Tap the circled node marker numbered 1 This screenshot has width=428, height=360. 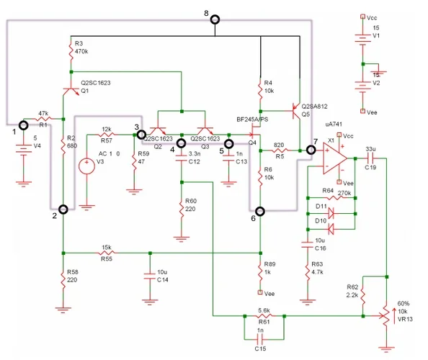coord(24,125)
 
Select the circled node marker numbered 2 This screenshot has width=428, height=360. coord(63,210)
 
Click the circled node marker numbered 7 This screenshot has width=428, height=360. coord(311,150)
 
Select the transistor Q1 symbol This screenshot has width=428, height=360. coord(70,91)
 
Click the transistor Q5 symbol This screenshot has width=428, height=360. coord(295,110)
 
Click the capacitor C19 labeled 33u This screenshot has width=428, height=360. coord(367,158)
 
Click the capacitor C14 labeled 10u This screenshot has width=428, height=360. coord(149,274)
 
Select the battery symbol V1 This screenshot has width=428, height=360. coord(362,40)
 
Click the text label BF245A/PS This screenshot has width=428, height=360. coord(251,119)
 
